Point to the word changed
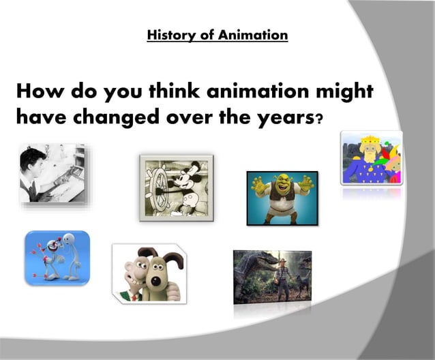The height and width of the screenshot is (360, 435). (x=106, y=117)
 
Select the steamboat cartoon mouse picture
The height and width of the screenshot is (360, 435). (x=177, y=187)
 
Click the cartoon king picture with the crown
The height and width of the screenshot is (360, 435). (x=371, y=158)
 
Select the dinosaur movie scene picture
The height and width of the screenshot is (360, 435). (x=272, y=276)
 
